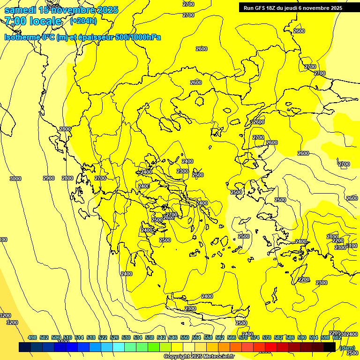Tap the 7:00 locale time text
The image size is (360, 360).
coord(33,21)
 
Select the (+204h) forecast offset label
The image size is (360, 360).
coord(83,21)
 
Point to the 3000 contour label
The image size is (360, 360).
coord(15,179)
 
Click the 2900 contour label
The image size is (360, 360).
coord(49,179)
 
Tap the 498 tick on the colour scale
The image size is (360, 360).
coord(32,337)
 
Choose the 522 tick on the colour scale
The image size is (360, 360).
coord(103,337)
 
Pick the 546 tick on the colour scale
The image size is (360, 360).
coord(173,337)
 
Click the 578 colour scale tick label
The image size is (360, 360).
coord(267,337)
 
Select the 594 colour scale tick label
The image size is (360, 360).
coord(314,337)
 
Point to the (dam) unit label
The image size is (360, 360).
coord(347,347)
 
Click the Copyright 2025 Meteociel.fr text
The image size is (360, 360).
coord(199,357)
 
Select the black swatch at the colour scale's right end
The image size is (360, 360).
coord(329,347)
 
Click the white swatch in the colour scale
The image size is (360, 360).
coord(189,347)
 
